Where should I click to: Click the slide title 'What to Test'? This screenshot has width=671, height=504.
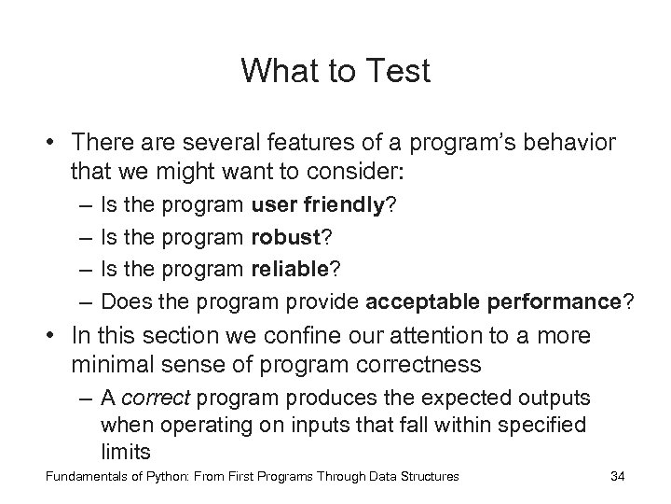335,71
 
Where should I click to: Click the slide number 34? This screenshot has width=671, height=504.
616,477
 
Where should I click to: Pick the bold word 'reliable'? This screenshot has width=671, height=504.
287,269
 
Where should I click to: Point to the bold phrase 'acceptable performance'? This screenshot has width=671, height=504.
494,301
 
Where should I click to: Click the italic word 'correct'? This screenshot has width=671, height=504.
155,398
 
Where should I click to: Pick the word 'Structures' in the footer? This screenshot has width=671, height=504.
428,477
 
